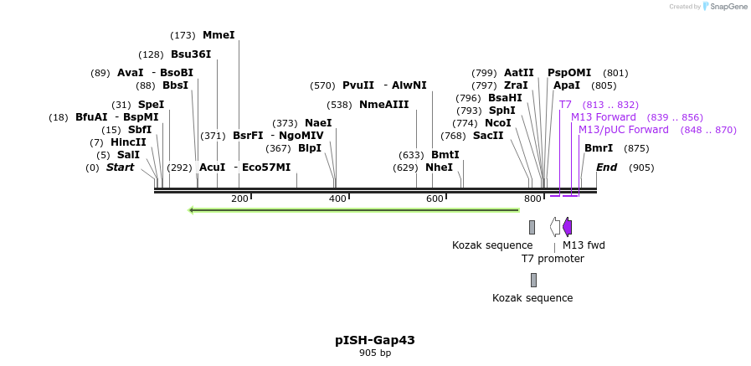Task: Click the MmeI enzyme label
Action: [219, 35]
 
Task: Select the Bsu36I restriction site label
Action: [191, 54]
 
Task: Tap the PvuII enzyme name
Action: [358, 85]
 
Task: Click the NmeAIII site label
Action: [384, 105]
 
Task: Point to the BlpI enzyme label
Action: [310, 148]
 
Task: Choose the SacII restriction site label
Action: [488, 136]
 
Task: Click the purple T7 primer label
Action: [565, 105]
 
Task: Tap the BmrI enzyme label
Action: [599, 148]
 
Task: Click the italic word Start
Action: [120, 168]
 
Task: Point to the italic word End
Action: [606, 168]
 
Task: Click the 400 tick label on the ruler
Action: [337, 198]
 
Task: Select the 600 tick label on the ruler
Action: [435, 198]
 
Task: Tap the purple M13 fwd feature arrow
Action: [568, 227]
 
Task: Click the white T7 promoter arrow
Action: [554, 227]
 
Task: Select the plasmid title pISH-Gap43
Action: [375, 340]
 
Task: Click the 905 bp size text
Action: [375, 353]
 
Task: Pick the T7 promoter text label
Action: [553, 259]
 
